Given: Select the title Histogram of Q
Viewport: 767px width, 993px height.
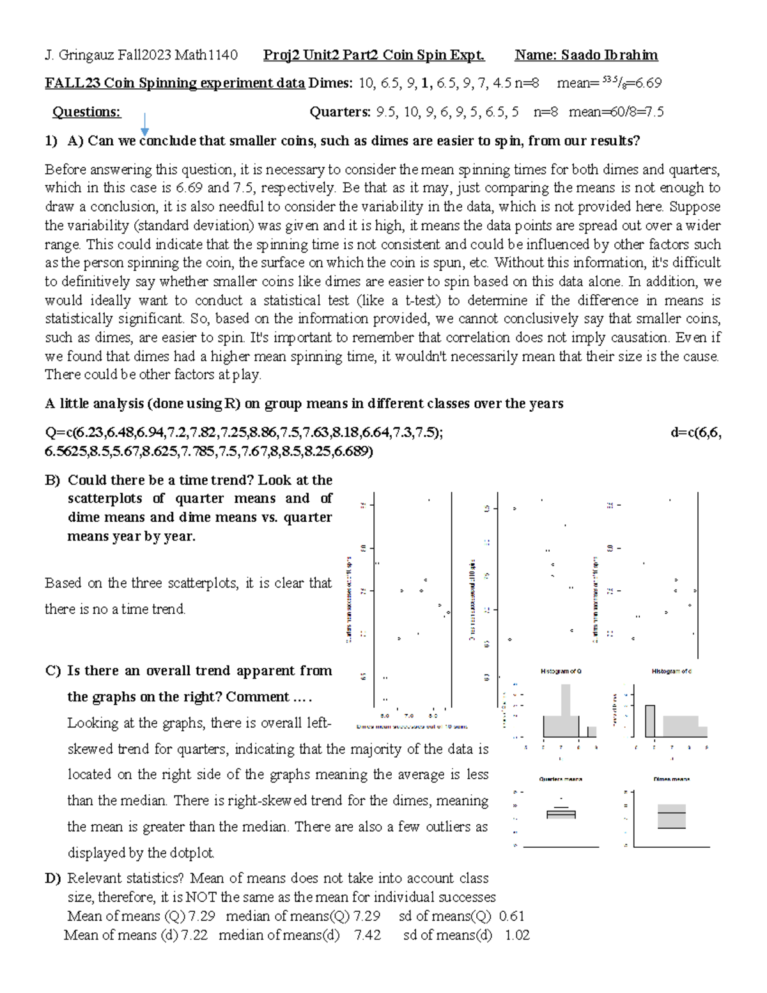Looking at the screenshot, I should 561,671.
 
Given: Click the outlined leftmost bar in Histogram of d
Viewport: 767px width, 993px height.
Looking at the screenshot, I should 650,721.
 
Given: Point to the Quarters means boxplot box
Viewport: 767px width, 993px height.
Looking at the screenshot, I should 561,814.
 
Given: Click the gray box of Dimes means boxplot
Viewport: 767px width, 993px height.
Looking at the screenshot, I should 672,817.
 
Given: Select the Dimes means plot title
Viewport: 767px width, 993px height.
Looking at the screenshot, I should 672,779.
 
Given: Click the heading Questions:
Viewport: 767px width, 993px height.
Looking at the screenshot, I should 86,112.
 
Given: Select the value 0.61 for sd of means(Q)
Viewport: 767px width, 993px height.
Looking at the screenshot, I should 511,916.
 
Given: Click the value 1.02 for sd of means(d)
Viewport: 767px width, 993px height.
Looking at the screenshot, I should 517,935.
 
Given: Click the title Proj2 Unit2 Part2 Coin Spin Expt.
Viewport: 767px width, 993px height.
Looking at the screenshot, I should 374,55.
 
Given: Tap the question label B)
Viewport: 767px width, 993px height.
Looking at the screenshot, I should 52,480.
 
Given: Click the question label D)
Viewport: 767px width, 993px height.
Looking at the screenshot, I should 52,879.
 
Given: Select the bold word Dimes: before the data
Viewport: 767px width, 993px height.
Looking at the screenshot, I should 330,83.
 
